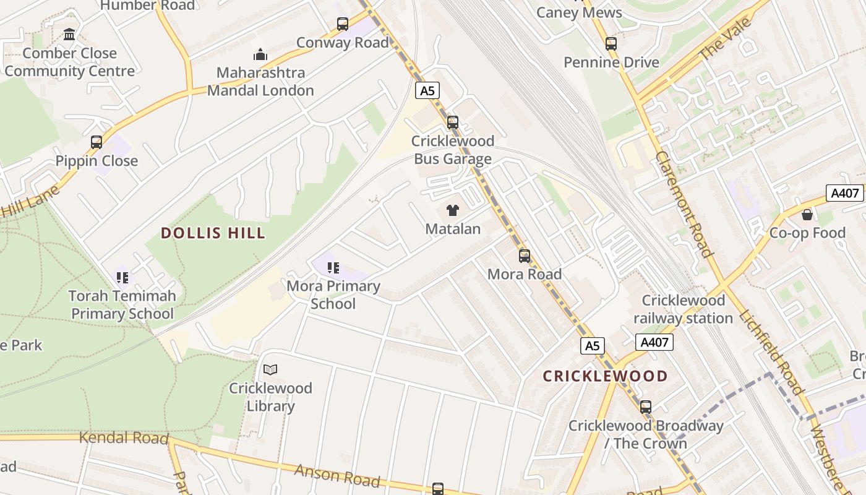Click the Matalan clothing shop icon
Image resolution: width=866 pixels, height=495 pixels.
click(x=453, y=210)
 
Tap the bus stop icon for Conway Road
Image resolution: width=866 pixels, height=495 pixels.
click(x=343, y=24)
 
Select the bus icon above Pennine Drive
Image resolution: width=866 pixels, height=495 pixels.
click(x=611, y=44)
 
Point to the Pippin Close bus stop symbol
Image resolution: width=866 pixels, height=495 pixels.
click(x=96, y=142)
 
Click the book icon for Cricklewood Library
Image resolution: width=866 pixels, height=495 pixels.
click(x=270, y=370)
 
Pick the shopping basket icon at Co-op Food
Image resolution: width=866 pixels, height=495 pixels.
click(x=807, y=215)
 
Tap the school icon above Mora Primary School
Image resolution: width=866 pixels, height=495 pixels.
click(x=333, y=268)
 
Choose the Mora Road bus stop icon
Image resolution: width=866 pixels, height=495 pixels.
click(x=525, y=256)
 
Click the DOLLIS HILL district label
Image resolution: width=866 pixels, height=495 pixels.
click(x=213, y=233)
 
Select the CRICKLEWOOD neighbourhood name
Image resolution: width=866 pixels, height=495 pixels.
click(x=605, y=376)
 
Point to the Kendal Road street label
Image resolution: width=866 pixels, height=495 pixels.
click(x=124, y=438)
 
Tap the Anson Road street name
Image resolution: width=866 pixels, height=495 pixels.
click(x=337, y=475)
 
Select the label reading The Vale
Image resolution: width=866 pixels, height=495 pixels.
click(x=725, y=39)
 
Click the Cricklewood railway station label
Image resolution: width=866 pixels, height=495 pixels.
click(x=683, y=309)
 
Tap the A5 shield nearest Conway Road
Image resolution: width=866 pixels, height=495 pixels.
click(x=427, y=91)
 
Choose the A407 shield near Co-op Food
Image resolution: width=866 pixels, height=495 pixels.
click(x=844, y=193)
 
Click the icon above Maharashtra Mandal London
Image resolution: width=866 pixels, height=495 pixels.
click(x=260, y=54)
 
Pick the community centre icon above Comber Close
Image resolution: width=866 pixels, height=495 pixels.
click(x=69, y=35)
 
